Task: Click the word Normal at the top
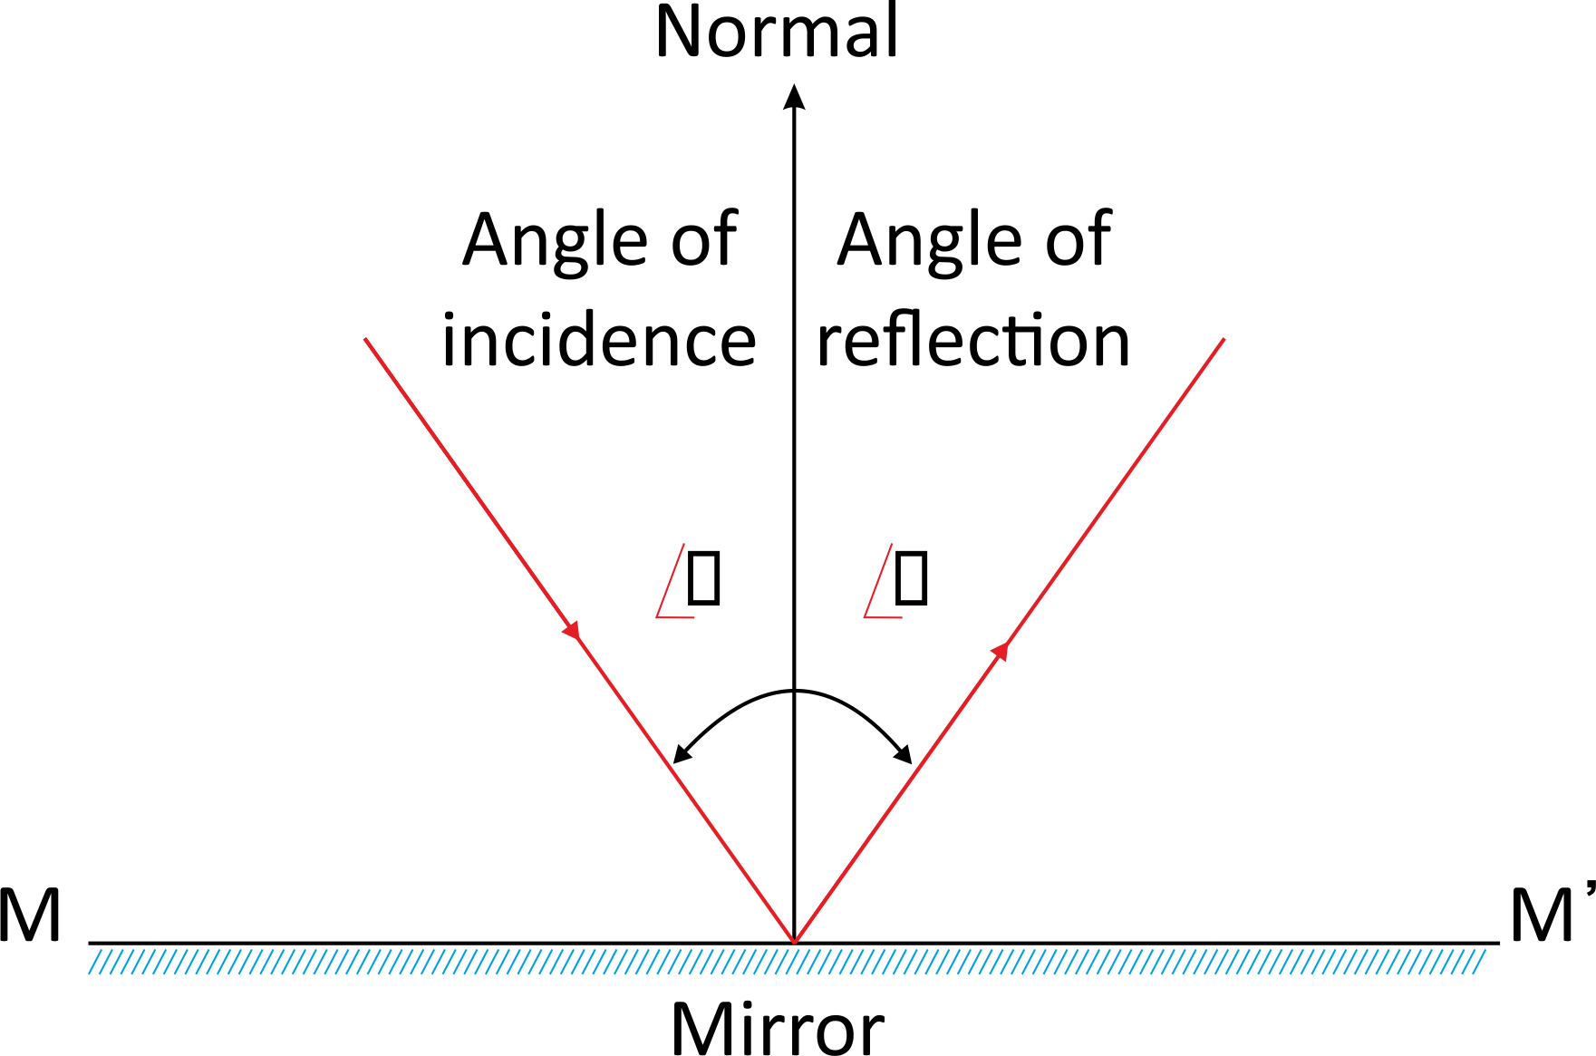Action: pyautogui.click(x=777, y=33)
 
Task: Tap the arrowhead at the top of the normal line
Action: pyautogui.click(x=794, y=96)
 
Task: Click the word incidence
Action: pyautogui.click(x=598, y=342)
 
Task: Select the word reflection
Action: pyautogui.click(x=973, y=342)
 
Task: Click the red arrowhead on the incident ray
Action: pyautogui.click(x=572, y=629)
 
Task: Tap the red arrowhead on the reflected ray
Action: pyautogui.click(x=1001, y=650)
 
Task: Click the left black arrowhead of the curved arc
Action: pyautogui.click(x=681, y=754)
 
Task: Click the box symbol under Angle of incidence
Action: pyautogui.click(x=703, y=577)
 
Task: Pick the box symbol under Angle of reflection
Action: pyautogui.click(x=911, y=577)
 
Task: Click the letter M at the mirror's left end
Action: pyautogui.click(x=30, y=916)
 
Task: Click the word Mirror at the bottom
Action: pyautogui.click(x=777, y=1030)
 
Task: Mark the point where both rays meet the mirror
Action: pyautogui.click(x=794, y=942)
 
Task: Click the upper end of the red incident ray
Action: pyautogui.click(x=365, y=340)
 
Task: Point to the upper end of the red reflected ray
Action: pyautogui.click(x=1224, y=340)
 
